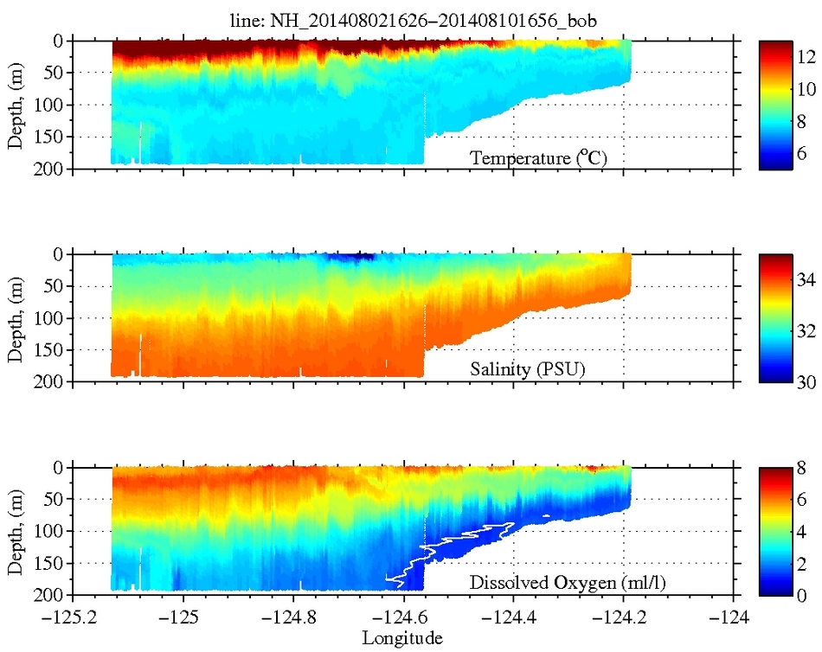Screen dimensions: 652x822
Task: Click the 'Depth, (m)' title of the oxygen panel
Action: click(x=16, y=530)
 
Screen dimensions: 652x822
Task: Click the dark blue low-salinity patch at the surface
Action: click(x=355, y=257)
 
